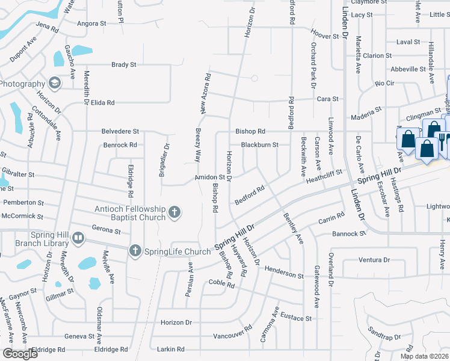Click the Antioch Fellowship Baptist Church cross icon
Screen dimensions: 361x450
174,212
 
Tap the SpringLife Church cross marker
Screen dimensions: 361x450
135,250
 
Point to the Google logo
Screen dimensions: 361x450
20,354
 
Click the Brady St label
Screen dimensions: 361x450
125,64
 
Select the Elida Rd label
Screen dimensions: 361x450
102,103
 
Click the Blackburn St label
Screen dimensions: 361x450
259,144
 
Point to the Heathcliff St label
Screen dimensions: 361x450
324,176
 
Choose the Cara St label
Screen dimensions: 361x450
328,99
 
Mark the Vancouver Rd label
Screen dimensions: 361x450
232,332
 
